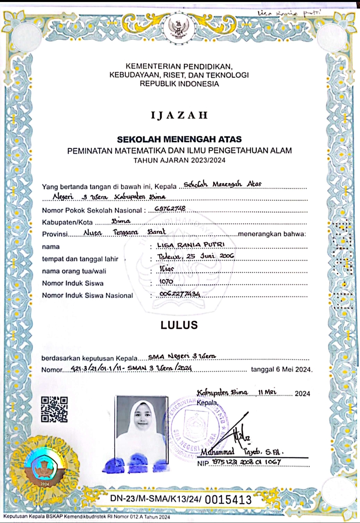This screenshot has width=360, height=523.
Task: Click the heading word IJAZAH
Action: (179, 115)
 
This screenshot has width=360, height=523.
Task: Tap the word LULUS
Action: (179, 325)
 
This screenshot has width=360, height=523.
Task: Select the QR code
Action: (54, 409)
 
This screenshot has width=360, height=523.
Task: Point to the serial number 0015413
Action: (228, 499)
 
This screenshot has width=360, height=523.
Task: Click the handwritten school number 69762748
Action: (170, 209)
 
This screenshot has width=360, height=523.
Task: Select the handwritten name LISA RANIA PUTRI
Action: (191, 245)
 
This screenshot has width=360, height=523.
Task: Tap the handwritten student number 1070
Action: (166, 282)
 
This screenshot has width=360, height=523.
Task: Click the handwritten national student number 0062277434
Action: (180, 294)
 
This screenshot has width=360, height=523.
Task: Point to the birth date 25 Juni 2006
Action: (210, 256)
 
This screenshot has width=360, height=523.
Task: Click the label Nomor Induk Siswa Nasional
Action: (87, 296)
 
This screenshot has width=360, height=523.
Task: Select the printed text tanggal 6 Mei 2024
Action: (282, 370)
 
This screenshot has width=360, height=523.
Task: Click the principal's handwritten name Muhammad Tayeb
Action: (242, 452)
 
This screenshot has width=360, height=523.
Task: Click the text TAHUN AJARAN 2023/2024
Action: (179, 160)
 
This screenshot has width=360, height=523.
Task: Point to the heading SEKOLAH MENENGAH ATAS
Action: (179, 139)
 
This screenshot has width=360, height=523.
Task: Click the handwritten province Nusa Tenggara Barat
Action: (124, 232)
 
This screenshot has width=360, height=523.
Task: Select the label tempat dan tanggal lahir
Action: (80, 259)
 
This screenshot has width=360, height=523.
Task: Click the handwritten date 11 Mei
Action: (267, 392)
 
